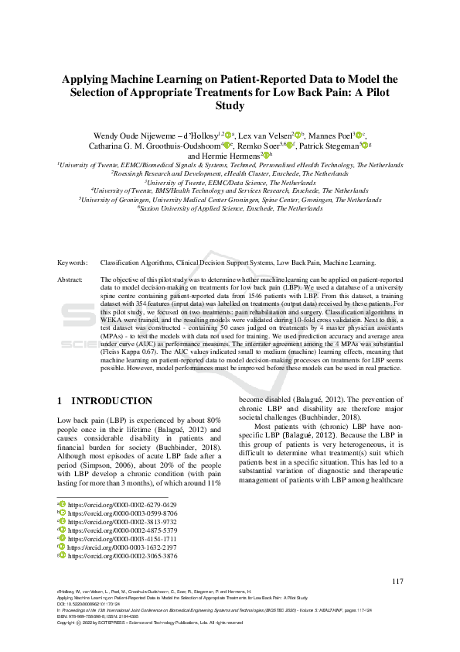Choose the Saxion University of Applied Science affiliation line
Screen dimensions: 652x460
pyautogui.click(x=230, y=208)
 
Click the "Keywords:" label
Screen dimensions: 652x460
pyautogui.click(x=73, y=263)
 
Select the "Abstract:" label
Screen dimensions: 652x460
pyautogui.click(x=72, y=279)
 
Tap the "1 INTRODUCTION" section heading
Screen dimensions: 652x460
pyautogui.click(x=105, y=401)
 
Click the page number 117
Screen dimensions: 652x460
pyautogui.click(x=397, y=582)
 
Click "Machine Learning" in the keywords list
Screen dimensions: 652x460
pyautogui.click(x=349, y=263)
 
